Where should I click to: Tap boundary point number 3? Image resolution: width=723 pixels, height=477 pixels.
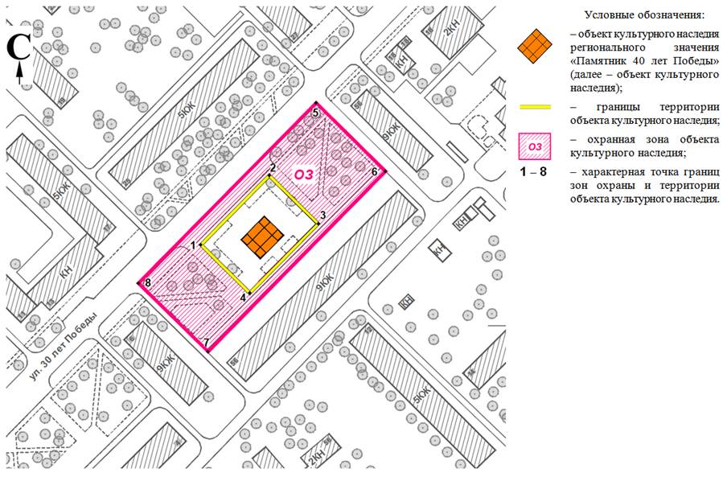[x=318, y=222]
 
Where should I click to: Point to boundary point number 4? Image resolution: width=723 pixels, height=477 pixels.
[x=250, y=292]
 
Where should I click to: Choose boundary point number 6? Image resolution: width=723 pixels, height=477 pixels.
[x=384, y=171]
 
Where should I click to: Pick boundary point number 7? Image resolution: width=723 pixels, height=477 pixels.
[x=207, y=352]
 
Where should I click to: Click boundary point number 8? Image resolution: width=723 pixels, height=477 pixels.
[x=139, y=283]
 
